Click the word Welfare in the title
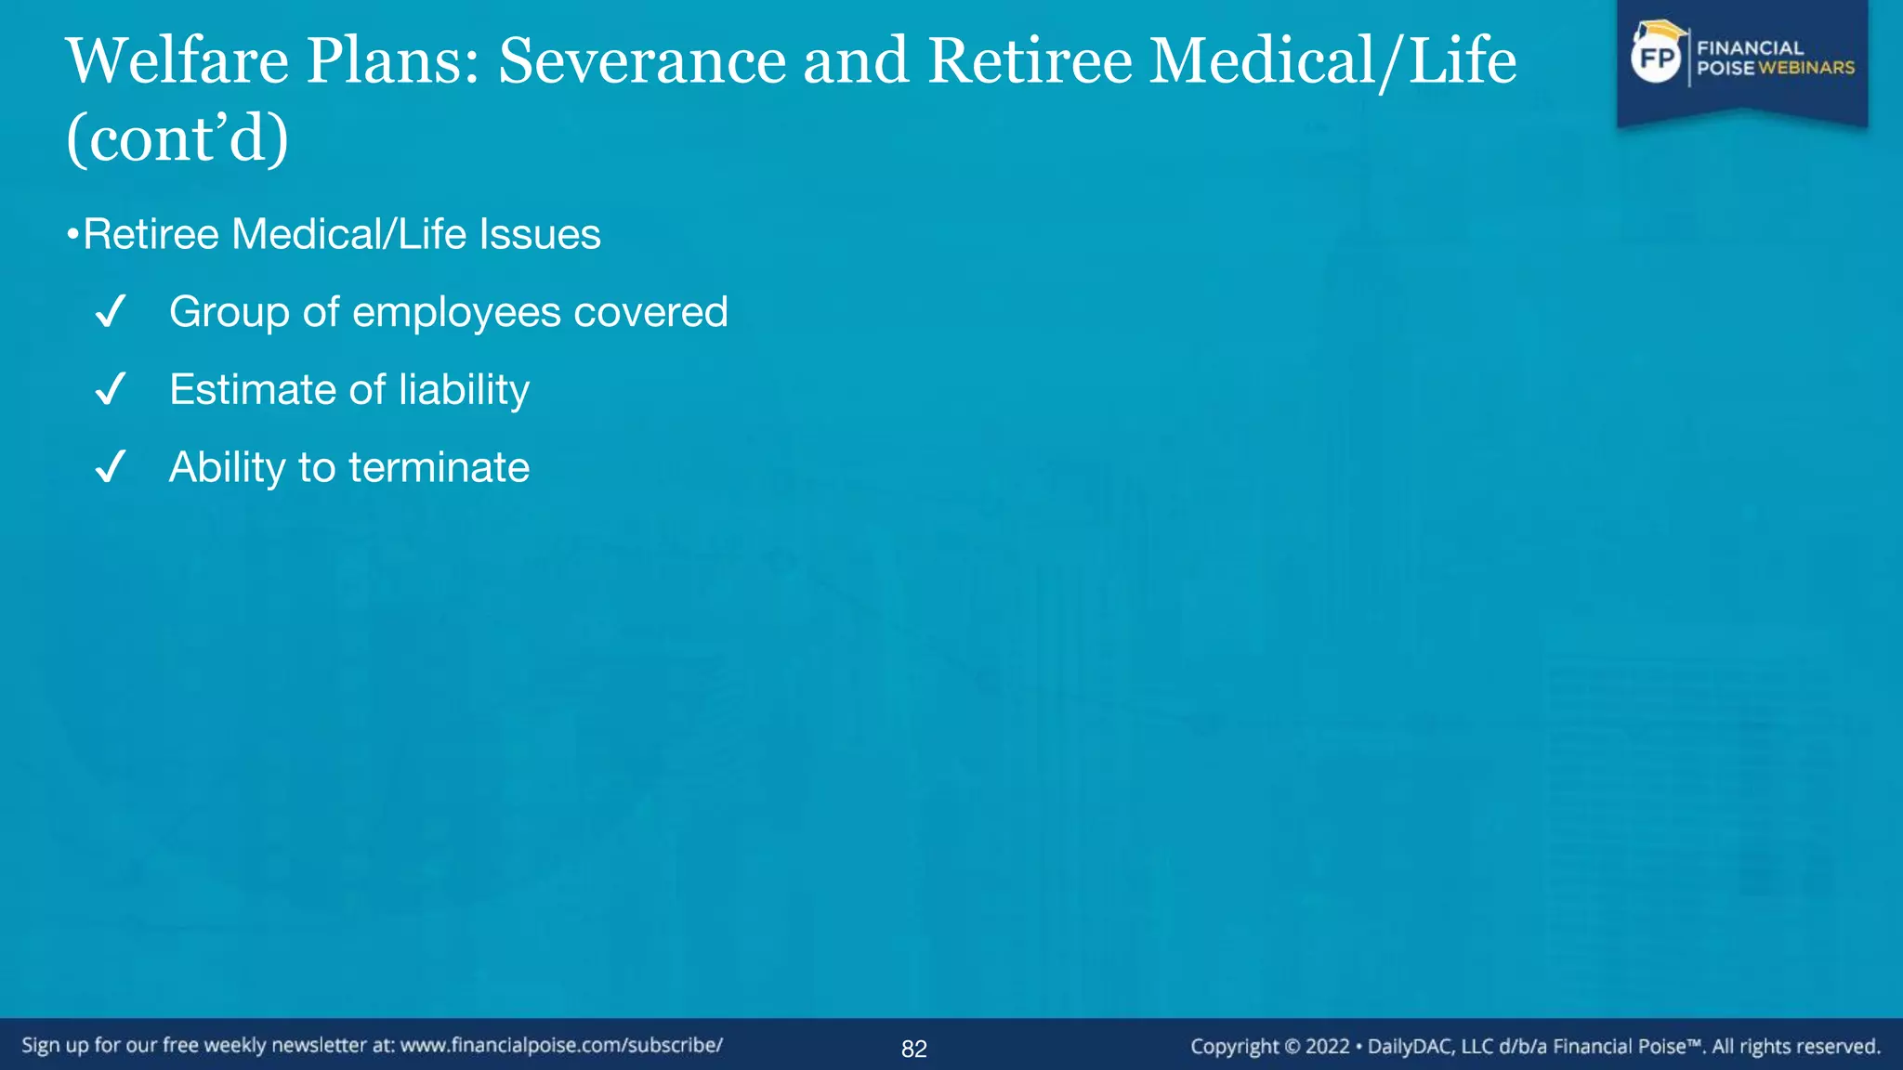177,61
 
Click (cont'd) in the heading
177,139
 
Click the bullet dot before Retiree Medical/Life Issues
72,235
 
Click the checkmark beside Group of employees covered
110,312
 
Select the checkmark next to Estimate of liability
110,389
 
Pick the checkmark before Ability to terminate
110,467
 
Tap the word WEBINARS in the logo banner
1805,68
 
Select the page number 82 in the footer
914,1049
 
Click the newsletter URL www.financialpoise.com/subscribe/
561,1045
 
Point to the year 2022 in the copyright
1327,1047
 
